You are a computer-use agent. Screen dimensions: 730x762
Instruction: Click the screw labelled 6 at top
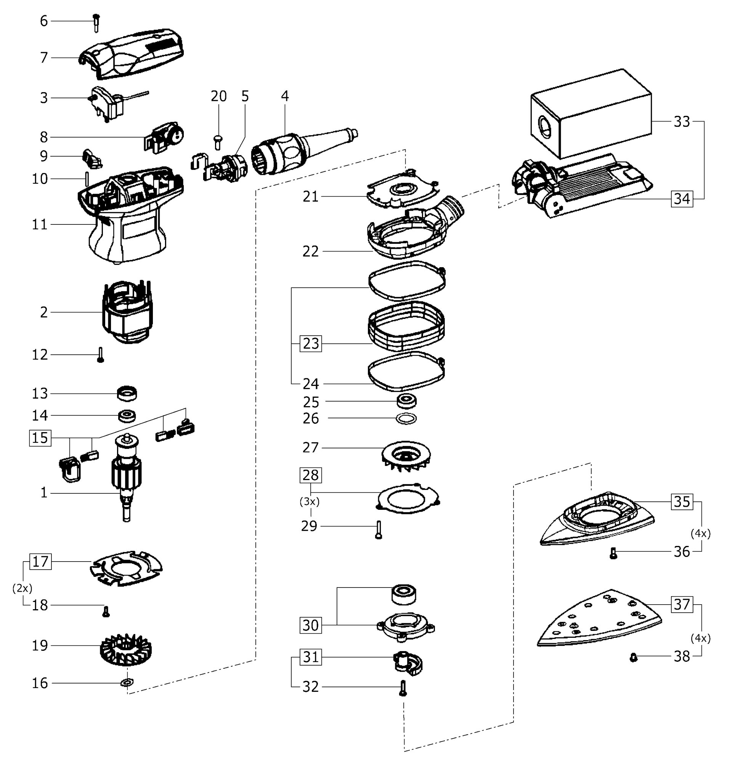tap(96, 23)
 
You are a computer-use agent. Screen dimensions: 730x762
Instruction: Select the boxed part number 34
tap(682, 199)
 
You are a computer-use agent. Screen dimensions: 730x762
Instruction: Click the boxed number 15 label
tap(40, 438)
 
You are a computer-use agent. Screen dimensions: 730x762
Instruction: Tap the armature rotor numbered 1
tap(127, 477)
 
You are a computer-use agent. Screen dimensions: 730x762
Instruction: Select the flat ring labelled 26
tap(406, 419)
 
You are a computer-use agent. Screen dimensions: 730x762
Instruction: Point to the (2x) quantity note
tap(22, 589)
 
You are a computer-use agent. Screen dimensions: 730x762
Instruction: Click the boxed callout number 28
tap(311, 475)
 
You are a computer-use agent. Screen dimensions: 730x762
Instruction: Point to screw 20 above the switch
tap(218, 142)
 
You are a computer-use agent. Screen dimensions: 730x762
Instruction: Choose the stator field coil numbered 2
tap(128, 312)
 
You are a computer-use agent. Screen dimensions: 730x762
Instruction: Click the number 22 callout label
tap(310, 251)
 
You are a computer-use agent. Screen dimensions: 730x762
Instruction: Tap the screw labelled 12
tap(100, 355)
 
